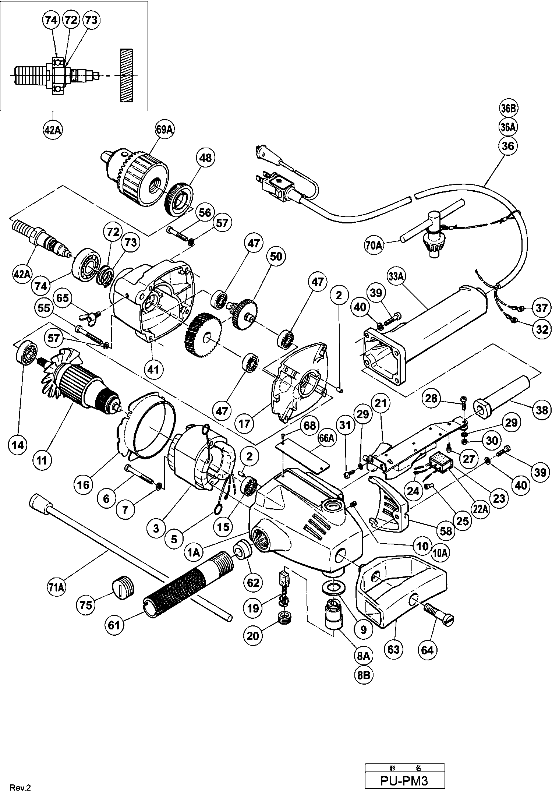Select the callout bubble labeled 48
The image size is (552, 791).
tap(205, 158)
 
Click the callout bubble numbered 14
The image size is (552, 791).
tap(18, 445)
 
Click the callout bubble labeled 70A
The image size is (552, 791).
tap(374, 245)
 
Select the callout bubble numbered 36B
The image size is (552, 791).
tap(508, 109)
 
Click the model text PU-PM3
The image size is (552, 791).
tap(404, 780)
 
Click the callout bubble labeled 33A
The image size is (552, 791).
tap(396, 276)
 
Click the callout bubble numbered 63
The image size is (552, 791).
tap(393, 649)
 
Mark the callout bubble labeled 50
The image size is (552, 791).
tap(276, 256)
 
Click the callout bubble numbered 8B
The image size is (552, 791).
tap(363, 675)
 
